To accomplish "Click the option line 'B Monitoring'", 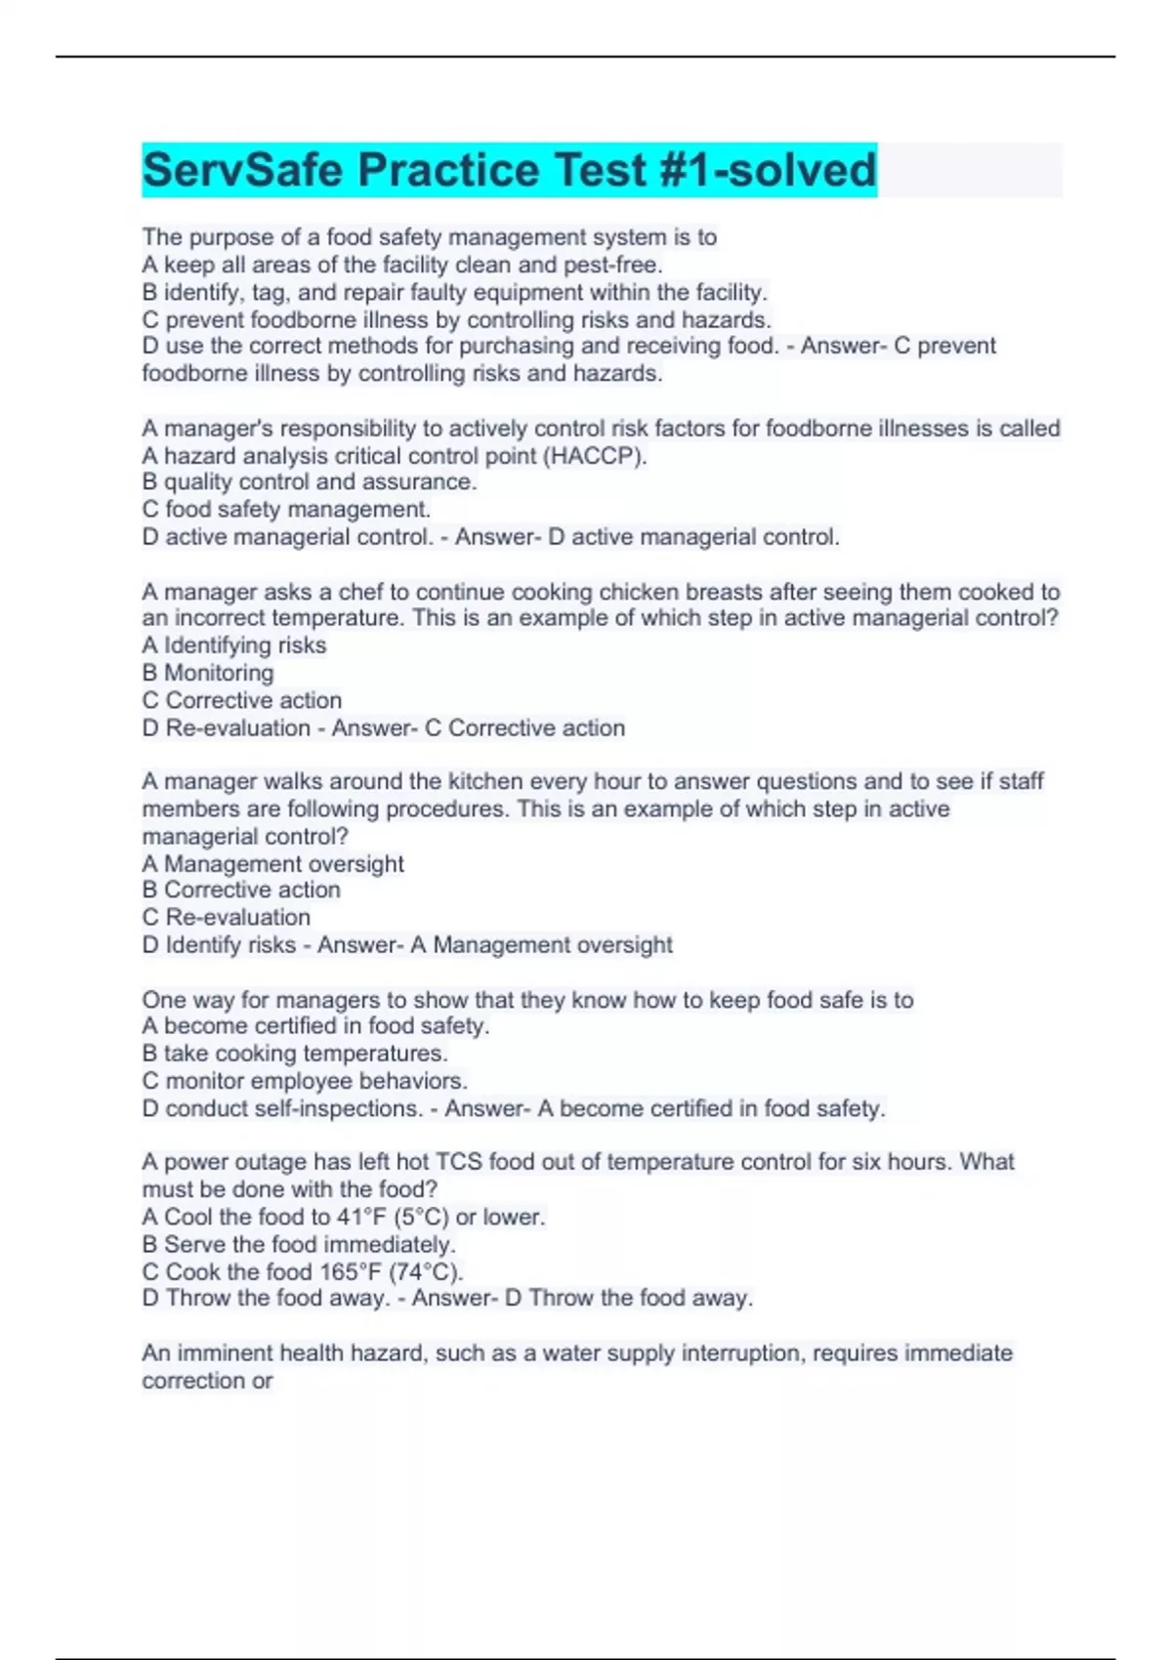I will coord(208,673).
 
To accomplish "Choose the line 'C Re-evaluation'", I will coord(227,917).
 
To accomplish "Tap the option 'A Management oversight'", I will coord(272,863).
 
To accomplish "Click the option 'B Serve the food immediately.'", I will coord(299,1244).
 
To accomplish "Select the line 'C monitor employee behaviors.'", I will coord(305,1081).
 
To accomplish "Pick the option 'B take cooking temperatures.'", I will coord(295,1054).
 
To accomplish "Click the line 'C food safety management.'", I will coord(286,509).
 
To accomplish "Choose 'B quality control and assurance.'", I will coord(310,481).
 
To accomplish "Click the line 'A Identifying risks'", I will coord(234,645).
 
